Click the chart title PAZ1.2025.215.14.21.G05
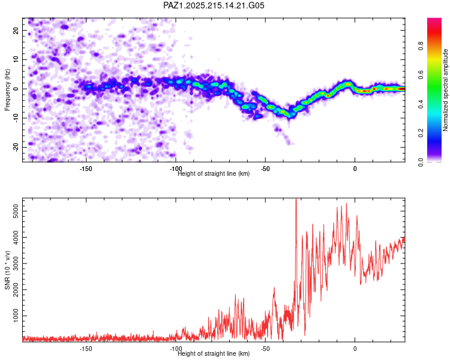(214, 5)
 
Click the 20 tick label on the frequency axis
(16, 31)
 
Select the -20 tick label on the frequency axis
(16, 147)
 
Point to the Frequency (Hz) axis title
(7, 90)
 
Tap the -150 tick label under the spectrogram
(86, 169)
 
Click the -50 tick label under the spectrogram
(265, 169)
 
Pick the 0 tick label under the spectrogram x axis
(355, 169)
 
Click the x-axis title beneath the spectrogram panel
(214, 173)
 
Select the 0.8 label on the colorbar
(421, 46)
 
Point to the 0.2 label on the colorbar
(421, 133)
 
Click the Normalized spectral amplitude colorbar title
(445, 90)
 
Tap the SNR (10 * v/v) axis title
(7, 270)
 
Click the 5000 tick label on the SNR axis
(16, 211)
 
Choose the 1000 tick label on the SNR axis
(16, 316)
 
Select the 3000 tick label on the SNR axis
(16, 263)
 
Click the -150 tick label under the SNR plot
(86, 349)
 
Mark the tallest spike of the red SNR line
(296, 199)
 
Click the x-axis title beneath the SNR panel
(214, 353)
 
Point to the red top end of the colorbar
(434, 20)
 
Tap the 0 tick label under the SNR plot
(355, 349)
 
